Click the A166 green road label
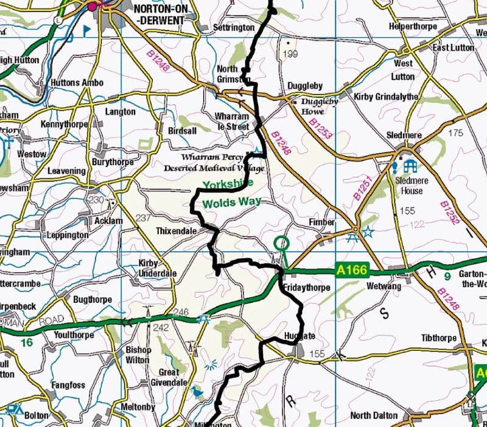pos(350,269)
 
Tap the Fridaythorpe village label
pos(306,287)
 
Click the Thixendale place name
pos(177,231)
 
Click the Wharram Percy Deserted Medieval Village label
pos(206,163)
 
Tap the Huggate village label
pos(300,336)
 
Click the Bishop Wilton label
pos(138,355)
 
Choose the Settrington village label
pos(233,28)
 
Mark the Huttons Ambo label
pos(76,82)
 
